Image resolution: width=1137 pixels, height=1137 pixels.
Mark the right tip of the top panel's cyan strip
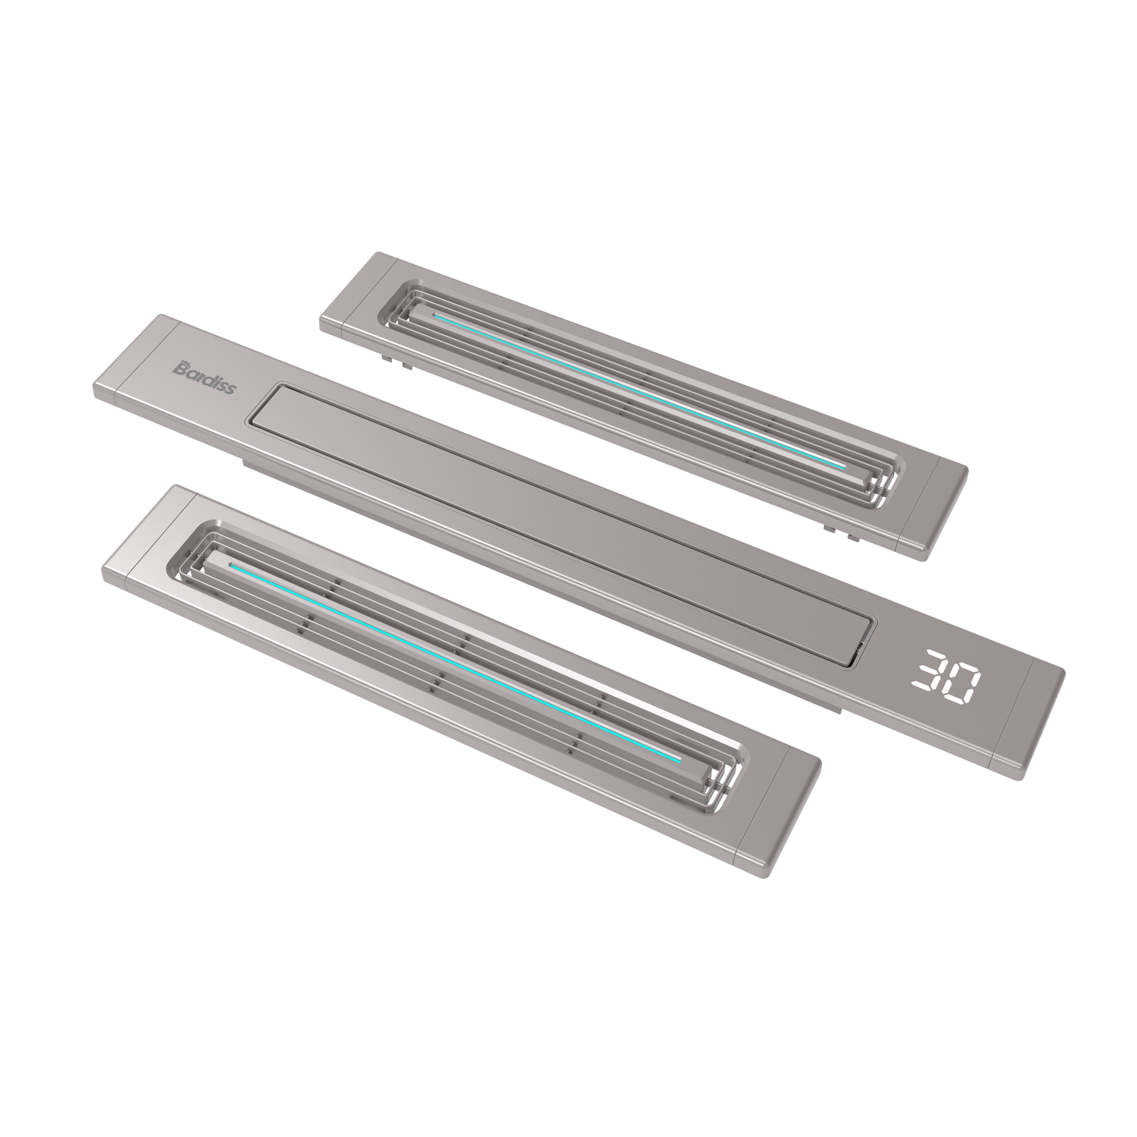click(x=843, y=467)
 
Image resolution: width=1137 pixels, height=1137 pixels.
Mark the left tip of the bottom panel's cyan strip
click(x=232, y=566)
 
